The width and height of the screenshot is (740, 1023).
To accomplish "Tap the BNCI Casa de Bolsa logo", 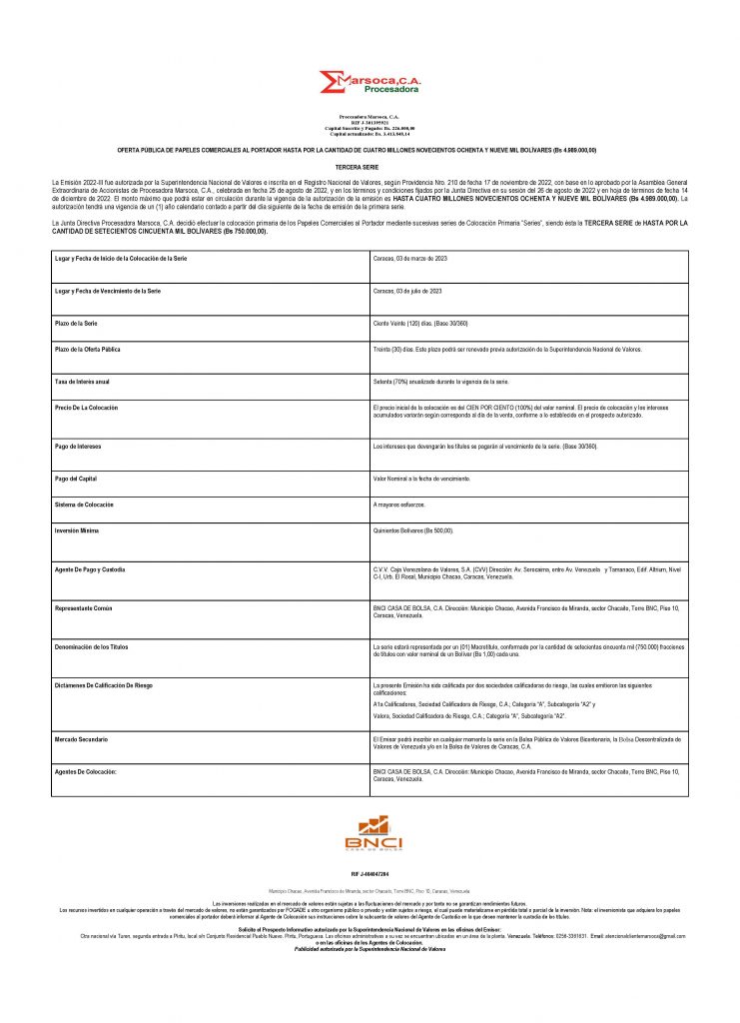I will point(373,834).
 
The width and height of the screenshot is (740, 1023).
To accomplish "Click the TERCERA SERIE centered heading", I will point(370,165).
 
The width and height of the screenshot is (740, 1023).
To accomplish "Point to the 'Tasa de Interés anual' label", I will point(82,382).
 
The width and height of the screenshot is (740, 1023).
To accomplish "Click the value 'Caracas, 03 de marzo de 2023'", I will point(409,259).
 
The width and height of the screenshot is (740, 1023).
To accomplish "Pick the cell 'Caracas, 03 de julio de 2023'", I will point(407,291).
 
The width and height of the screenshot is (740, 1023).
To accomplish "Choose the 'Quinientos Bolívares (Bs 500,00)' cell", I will point(412,530).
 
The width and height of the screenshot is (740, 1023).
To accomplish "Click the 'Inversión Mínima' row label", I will point(77,530).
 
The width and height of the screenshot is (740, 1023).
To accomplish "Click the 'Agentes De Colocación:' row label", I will point(85,772).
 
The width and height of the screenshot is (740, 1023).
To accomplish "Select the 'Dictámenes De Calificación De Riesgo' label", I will point(103,685).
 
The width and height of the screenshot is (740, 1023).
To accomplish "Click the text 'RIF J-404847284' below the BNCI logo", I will point(370,874).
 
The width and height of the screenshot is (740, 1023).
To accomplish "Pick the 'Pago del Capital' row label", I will point(76,479).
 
